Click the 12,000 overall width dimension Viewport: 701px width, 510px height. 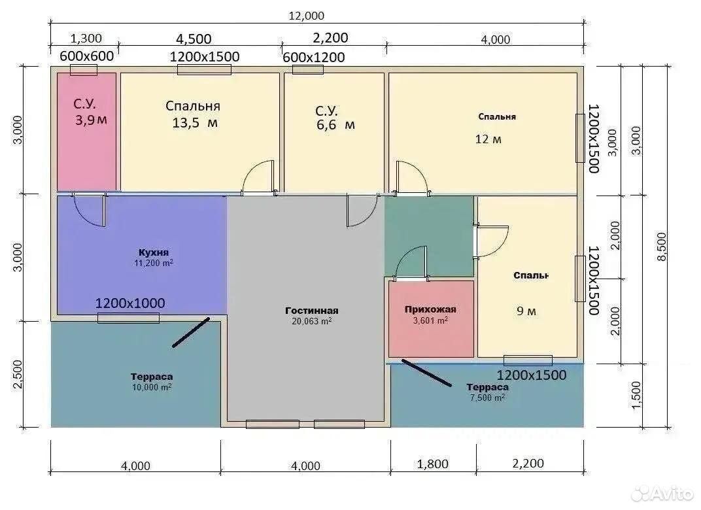[x=306, y=16]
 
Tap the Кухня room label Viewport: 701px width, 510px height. [x=153, y=252]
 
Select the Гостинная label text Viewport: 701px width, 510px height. [x=312, y=310]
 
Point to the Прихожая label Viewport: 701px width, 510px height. [x=430, y=309]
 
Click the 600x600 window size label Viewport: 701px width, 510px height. [x=87, y=56]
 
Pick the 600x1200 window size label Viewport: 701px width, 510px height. [x=313, y=58]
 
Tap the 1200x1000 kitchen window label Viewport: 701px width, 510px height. [x=130, y=303]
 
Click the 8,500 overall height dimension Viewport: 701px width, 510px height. [x=662, y=246]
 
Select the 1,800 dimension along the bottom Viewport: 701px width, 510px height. [x=432, y=464]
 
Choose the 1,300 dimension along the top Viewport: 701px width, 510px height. [x=86, y=39]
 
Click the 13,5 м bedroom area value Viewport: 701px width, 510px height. [x=195, y=122]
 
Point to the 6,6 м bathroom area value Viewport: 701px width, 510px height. [x=335, y=125]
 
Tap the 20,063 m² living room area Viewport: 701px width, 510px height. [x=312, y=321]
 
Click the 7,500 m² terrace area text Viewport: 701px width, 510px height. [x=487, y=398]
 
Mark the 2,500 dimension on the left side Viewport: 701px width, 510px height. [x=18, y=375]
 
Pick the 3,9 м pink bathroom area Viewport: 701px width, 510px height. [x=91, y=120]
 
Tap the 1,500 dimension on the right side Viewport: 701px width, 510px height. [x=637, y=394]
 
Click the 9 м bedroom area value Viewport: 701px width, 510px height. [x=526, y=311]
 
